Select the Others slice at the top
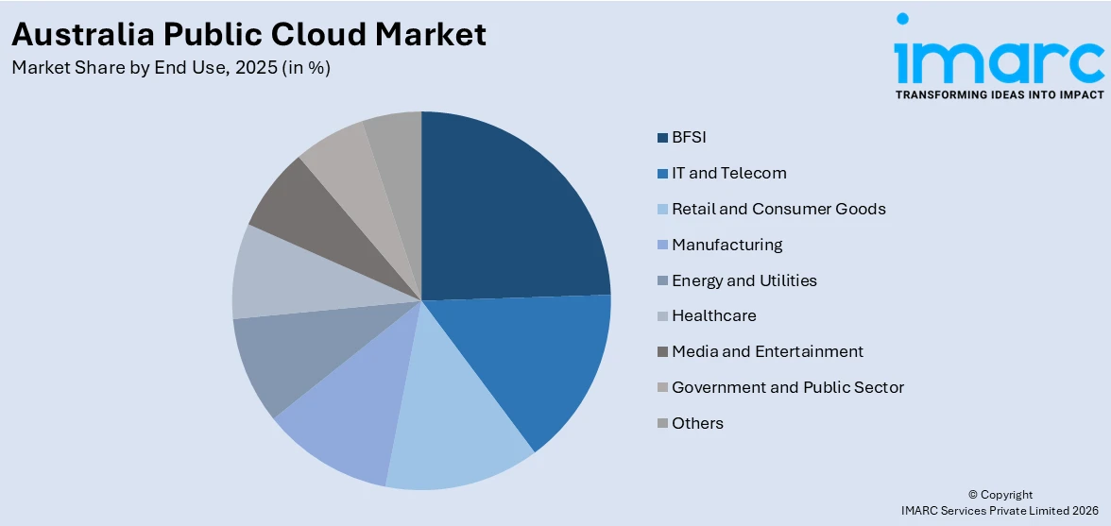click(x=395, y=142)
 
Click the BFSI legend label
click(x=689, y=138)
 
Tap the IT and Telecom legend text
click(x=728, y=174)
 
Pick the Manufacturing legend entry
click(x=726, y=246)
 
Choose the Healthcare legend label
click(x=713, y=316)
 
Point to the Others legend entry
click(x=697, y=424)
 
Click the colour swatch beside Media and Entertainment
click(x=663, y=352)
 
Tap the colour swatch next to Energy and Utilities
click(x=663, y=281)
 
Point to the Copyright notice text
click(x=1000, y=495)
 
